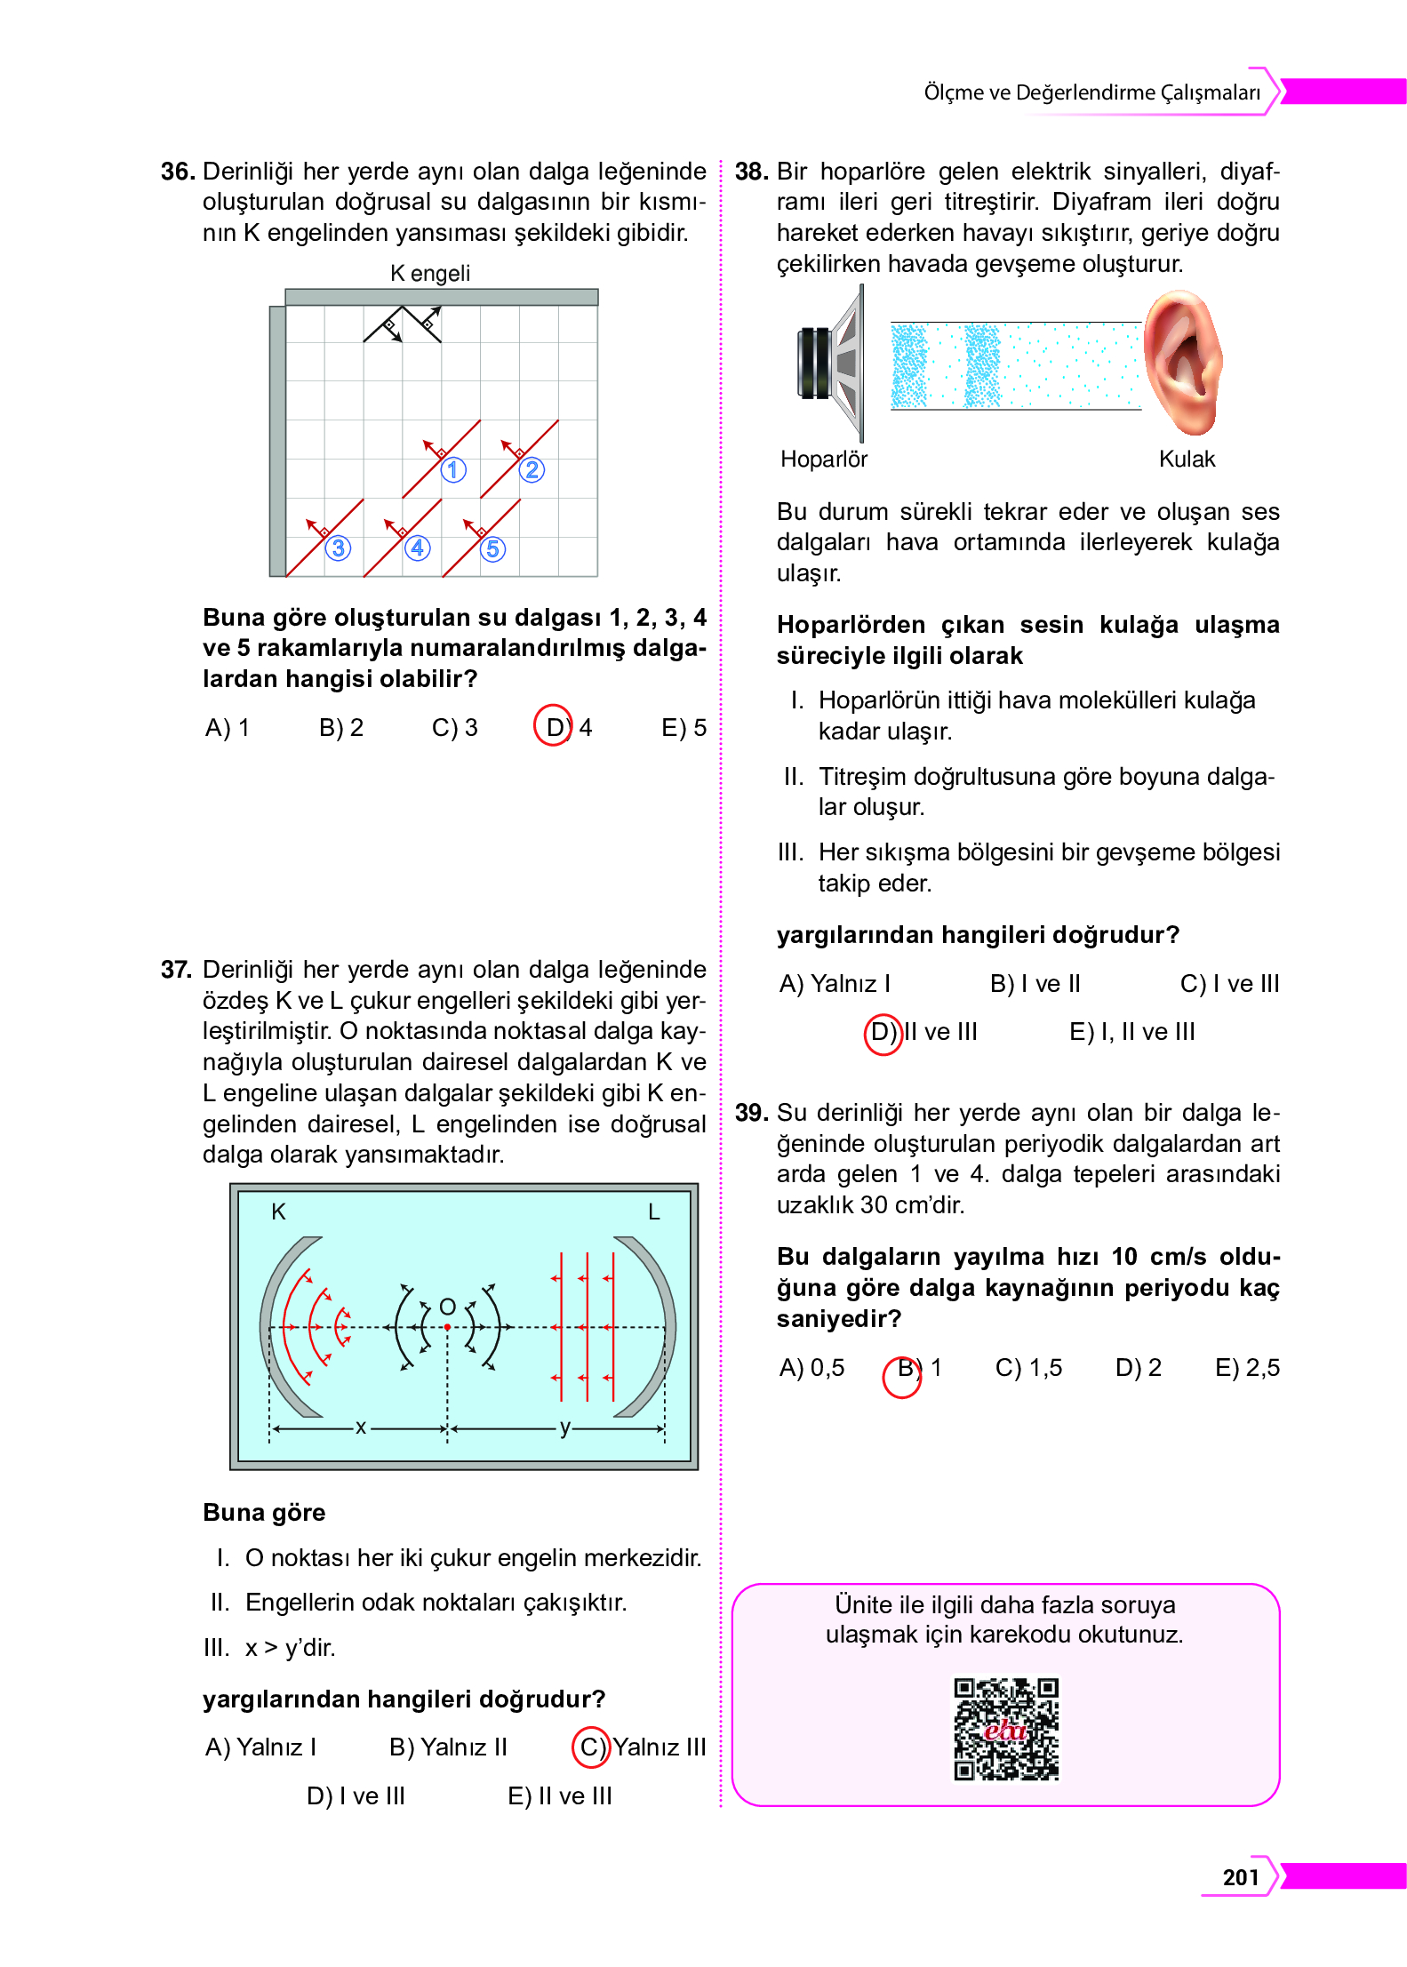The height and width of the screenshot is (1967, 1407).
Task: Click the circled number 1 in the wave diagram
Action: [x=453, y=469]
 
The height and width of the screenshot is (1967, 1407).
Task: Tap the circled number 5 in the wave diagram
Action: [x=492, y=548]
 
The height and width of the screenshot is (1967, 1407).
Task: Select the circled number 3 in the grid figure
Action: [x=338, y=548]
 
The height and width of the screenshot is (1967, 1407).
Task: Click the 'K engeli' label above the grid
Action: [x=430, y=273]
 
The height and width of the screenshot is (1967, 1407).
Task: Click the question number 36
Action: [x=178, y=172]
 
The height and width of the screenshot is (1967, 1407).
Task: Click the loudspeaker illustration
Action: [x=831, y=364]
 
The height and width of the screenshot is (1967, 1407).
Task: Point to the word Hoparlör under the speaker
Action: [x=823, y=459]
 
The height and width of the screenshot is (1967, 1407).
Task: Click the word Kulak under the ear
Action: [x=1187, y=459]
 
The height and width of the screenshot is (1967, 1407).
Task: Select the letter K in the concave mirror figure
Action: [x=278, y=1211]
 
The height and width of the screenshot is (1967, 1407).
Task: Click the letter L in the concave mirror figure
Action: [x=653, y=1211]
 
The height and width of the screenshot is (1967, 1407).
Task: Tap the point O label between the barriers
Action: [x=448, y=1306]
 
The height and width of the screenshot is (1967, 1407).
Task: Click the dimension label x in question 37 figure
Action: [x=360, y=1427]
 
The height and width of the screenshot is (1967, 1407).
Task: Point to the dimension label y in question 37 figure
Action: [x=564, y=1427]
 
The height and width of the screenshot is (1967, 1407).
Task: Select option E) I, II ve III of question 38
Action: [x=1131, y=1031]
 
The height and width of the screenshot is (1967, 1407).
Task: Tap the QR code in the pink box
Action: [x=1006, y=1728]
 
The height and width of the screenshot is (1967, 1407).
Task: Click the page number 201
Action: [x=1240, y=1876]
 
